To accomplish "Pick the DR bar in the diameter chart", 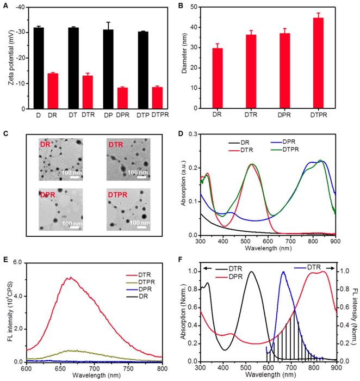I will coord(217,78).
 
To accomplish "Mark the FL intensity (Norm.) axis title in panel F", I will coord(354,313).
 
